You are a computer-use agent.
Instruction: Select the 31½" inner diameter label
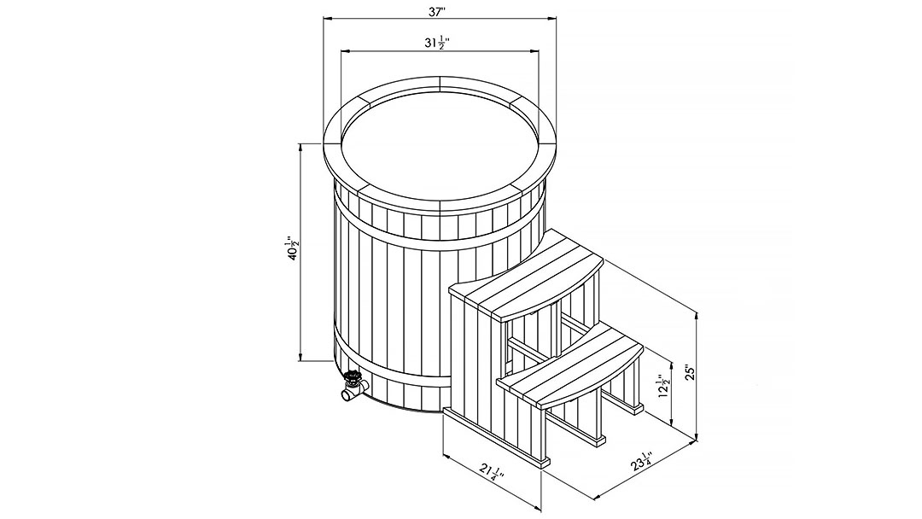438,43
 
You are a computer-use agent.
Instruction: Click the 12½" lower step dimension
664,387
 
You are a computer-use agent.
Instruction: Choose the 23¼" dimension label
642,462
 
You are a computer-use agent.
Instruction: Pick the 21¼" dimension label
493,471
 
